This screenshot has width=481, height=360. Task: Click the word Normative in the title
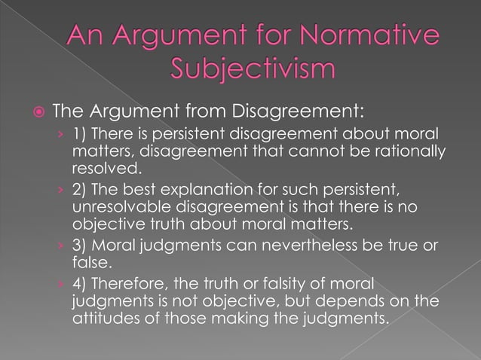click(370, 38)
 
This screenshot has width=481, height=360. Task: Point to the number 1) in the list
click(80, 136)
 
